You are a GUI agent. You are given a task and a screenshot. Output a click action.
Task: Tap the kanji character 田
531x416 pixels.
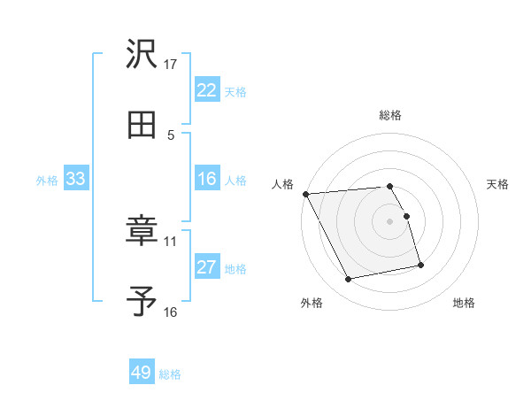click(x=142, y=125)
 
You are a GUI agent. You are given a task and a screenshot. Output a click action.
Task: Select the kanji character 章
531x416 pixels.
click(x=142, y=232)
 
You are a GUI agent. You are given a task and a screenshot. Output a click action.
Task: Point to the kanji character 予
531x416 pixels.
click(x=142, y=302)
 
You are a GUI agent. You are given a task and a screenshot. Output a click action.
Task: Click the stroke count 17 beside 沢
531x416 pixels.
click(x=171, y=65)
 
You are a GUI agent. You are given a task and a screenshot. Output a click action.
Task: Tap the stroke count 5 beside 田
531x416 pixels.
click(x=171, y=135)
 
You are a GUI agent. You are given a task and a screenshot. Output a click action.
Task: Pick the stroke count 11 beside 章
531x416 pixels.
click(x=171, y=241)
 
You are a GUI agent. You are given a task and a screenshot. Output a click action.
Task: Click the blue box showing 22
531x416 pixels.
click(x=206, y=90)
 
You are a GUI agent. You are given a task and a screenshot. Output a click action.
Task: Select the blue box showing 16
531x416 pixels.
click(x=206, y=180)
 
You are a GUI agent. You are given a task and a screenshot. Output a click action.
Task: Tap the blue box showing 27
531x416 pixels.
click(x=206, y=267)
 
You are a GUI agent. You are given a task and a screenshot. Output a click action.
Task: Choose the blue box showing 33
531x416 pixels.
click(x=75, y=180)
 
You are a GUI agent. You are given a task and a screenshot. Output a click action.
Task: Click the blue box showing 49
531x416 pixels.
click(x=142, y=374)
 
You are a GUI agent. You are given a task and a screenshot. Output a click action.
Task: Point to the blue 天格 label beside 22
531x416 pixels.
click(x=235, y=91)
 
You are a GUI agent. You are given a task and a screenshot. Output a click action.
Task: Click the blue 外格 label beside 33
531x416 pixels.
click(x=47, y=181)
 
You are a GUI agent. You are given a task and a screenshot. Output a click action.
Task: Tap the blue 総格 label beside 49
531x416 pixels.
click(x=170, y=374)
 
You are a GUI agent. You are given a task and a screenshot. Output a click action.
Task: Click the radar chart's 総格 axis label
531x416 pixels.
click(x=390, y=115)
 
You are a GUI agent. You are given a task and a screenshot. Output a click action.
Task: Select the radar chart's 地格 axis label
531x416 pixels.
click(x=464, y=303)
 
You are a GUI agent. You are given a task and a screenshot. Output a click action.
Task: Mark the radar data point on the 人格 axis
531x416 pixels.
click(x=305, y=194)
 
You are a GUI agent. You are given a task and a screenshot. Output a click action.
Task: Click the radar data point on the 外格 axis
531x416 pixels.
click(x=349, y=280)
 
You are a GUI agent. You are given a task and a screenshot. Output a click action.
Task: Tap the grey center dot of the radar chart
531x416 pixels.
click(x=390, y=221)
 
